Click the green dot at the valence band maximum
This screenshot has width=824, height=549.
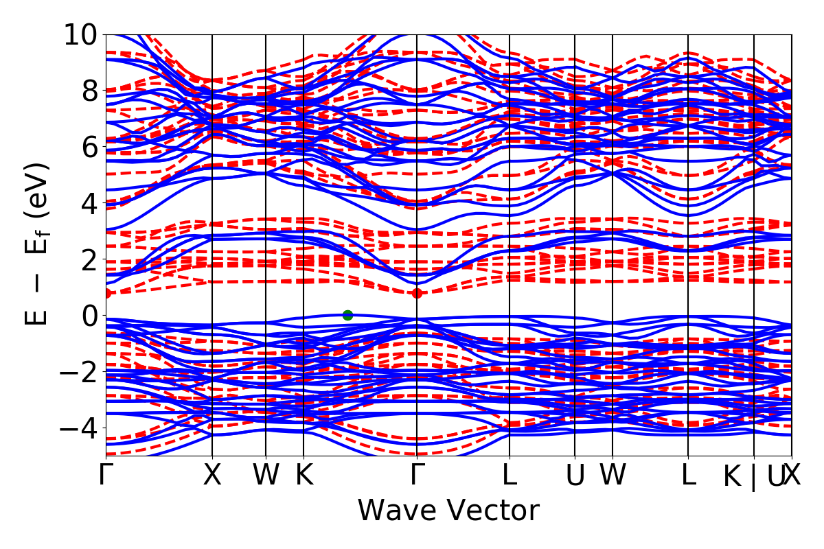pyautogui.click(x=347, y=315)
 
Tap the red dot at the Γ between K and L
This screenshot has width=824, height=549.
pyautogui.click(x=417, y=293)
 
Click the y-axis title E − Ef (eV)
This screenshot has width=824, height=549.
pyautogui.click(x=38, y=244)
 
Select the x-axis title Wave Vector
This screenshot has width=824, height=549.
pyautogui.click(x=448, y=511)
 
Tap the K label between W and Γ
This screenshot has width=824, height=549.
pyautogui.click(x=304, y=476)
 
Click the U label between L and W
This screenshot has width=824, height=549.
pyautogui.click(x=575, y=476)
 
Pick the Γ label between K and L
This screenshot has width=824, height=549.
pyautogui.click(x=416, y=476)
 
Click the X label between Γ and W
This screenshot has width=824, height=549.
pyautogui.click(x=212, y=476)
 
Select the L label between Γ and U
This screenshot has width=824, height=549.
pyautogui.click(x=510, y=476)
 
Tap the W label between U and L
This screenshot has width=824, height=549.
pyautogui.click(x=612, y=476)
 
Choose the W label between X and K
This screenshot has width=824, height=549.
pyautogui.click(x=266, y=476)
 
